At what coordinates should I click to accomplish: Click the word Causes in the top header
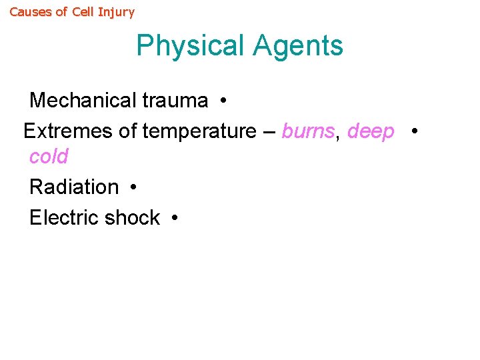tap(30, 12)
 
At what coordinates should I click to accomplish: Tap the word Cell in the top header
tap(83, 12)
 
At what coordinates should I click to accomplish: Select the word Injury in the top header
tap(116, 12)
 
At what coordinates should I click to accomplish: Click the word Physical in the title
tap(191, 46)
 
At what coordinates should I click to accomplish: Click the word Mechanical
tap(83, 101)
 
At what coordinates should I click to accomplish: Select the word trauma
tap(175, 101)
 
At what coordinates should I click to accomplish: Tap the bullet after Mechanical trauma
tap(223, 101)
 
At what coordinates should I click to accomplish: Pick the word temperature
tap(199, 132)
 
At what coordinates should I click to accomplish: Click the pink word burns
tap(307, 131)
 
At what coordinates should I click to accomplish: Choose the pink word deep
tap(371, 132)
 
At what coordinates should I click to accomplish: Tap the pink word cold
tap(49, 157)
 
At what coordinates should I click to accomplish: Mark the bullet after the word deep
tap(415, 132)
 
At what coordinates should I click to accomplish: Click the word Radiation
tap(74, 187)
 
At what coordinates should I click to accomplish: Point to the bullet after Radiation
tap(134, 188)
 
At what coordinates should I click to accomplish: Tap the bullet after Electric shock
tap(175, 219)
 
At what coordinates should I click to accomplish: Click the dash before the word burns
tap(269, 132)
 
